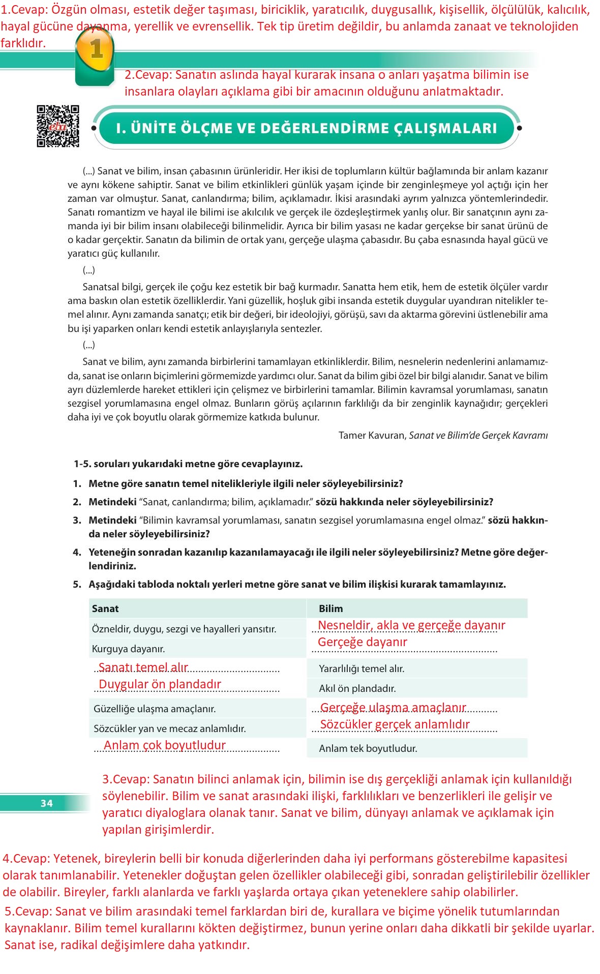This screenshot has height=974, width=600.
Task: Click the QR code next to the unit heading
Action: tap(57, 126)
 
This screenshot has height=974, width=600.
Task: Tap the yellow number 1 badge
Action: tap(96, 50)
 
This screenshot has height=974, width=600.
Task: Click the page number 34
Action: tap(46, 803)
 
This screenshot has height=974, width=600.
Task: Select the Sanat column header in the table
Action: tap(105, 608)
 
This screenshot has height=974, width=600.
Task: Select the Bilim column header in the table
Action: tap(331, 608)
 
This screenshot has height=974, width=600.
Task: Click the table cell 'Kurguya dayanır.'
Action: tap(128, 649)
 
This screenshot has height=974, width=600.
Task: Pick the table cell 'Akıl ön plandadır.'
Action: tap(357, 688)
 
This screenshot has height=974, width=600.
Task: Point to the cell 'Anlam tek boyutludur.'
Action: tap(368, 748)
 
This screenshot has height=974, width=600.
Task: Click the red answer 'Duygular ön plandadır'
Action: tap(160, 684)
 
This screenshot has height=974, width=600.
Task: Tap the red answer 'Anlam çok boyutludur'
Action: tap(164, 745)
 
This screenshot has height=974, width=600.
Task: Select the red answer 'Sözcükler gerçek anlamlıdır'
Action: tap(395, 724)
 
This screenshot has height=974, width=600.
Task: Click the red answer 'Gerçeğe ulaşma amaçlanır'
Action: tap(393, 708)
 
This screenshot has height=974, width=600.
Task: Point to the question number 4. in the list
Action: tap(77, 552)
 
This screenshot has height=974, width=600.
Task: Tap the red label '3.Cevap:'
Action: tap(126, 779)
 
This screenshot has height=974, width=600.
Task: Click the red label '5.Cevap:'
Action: tap(28, 911)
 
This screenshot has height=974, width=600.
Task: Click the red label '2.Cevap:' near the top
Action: tap(148, 75)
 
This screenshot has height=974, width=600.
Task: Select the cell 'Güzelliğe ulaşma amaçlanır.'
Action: tap(155, 709)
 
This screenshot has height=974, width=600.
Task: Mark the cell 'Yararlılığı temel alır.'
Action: tap(362, 668)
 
